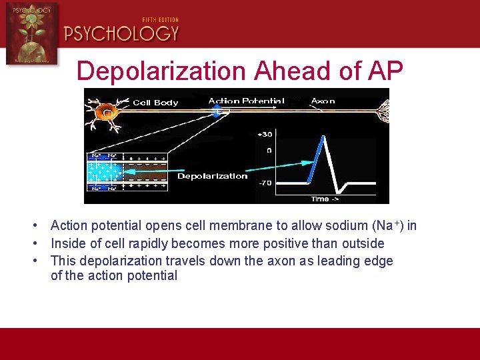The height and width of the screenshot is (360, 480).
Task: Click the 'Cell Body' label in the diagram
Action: pos(155,103)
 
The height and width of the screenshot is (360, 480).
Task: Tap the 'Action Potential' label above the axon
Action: pos(246,101)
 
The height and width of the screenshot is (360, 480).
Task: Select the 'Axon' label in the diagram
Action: pos(323,101)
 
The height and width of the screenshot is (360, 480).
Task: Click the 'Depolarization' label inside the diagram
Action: pos(212,176)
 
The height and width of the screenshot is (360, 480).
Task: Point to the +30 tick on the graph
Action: pos(264,135)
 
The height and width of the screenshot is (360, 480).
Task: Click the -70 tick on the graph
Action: pos(264,181)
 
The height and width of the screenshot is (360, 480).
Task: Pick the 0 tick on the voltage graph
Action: pos(268,151)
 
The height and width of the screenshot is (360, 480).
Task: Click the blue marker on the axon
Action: pos(216,110)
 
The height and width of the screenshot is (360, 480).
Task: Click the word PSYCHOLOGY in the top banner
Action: pos(121,33)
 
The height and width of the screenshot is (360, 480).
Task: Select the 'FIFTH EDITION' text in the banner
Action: pos(161,20)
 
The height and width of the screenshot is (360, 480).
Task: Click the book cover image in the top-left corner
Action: pos(31,33)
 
